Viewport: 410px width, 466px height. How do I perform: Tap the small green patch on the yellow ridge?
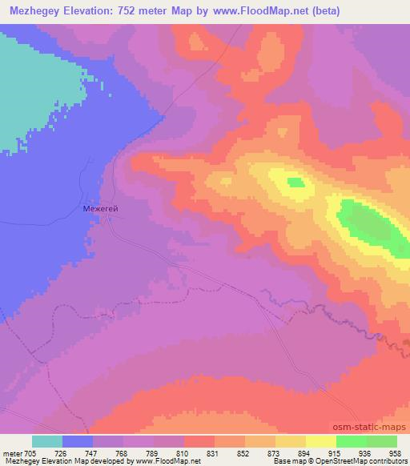pyautogui.click(x=295, y=183)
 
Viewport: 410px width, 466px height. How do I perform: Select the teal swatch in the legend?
pyautogui.click(x=47, y=441)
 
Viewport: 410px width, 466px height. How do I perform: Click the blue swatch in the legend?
pyautogui.click(x=78, y=441)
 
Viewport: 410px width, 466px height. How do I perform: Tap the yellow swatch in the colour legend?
pyautogui.click(x=291, y=441)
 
